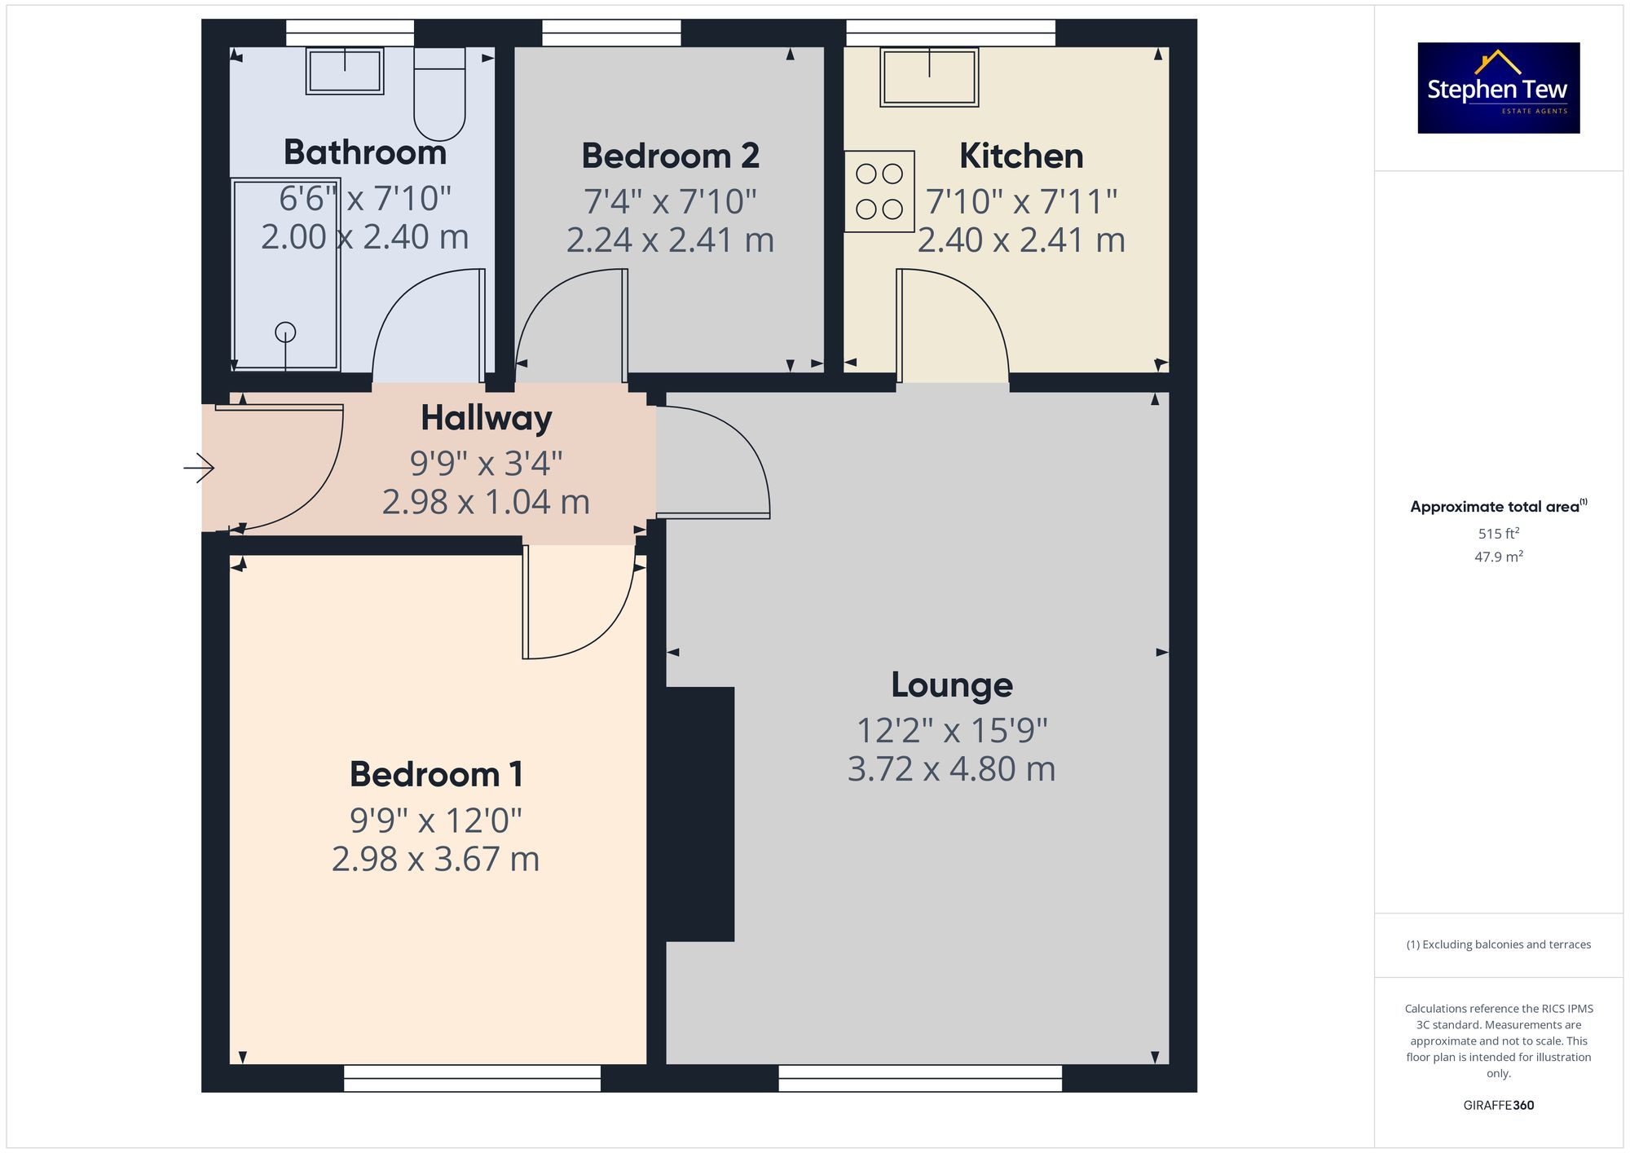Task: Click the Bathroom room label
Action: click(364, 152)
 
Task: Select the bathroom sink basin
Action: click(345, 71)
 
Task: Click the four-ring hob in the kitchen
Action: click(879, 191)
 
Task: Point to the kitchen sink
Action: click(929, 77)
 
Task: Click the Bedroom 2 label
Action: click(670, 156)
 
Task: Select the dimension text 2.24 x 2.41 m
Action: click(670, 240)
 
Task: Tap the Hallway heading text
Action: click(486, 418)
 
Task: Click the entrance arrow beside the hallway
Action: click(198, 468)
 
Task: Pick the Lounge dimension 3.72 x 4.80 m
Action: click(951, 769)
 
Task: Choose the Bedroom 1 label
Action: click(436, 774)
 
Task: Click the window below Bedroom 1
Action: click(472, 1078)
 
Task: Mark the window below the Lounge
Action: click(920, 1078)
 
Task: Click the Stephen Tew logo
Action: click(1498, 88)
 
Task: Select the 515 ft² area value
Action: click(1498, 534)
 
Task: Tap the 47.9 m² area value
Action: click(1498, 557)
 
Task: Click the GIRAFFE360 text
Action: click(1498, 1105)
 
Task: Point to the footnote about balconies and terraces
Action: click(1498, 944)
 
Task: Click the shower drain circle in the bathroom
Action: click(285, 332)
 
